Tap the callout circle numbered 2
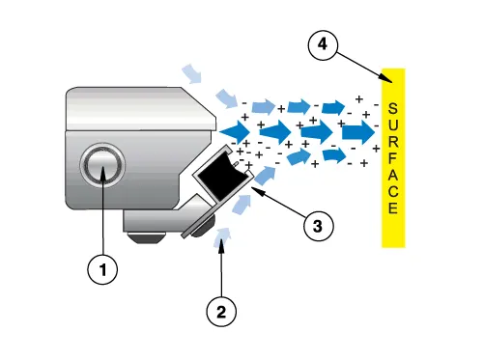(x=221, y=311)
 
